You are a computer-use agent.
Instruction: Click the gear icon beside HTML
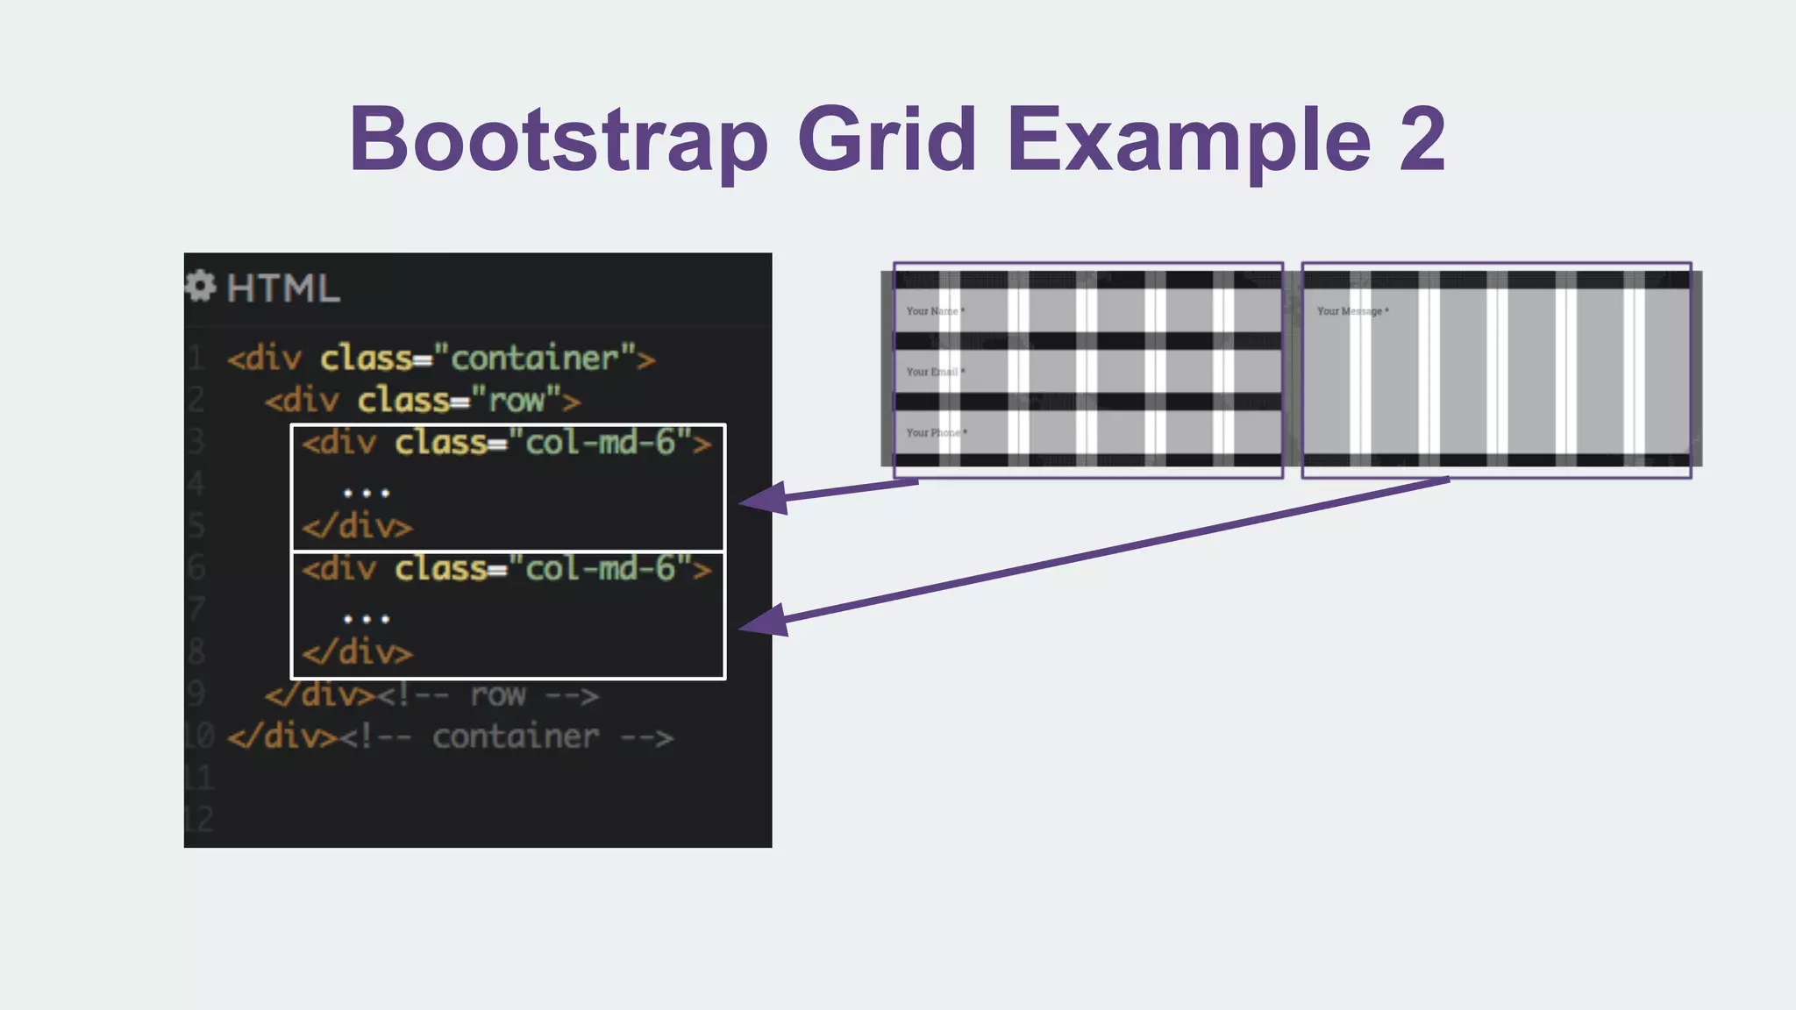201,286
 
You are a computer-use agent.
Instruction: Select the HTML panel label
282,288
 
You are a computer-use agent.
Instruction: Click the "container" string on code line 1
534,359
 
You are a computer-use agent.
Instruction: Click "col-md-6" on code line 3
600,443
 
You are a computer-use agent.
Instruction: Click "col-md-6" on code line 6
600,569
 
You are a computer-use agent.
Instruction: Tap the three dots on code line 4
367,493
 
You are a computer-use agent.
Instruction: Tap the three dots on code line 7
367,619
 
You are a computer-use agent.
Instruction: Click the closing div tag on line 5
357,527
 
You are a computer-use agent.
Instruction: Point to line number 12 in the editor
200,819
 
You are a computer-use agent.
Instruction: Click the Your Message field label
1352,311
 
